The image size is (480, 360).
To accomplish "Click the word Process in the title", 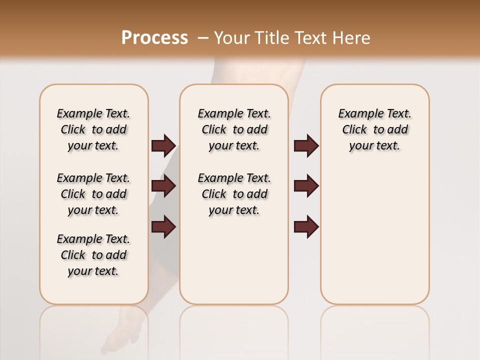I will (154, 38).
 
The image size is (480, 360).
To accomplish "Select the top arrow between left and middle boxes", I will (163, 146).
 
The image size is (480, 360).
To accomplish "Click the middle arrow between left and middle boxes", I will (163, 186).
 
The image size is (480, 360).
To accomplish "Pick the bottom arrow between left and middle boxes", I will (163, 226).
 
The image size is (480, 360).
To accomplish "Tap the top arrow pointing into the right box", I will (306, 146).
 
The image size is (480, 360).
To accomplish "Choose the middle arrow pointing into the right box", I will (306, 186).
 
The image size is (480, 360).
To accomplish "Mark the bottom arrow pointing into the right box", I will (306, 226).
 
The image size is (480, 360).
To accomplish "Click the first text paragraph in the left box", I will (93, 129).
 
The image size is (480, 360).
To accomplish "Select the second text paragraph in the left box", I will (93, 194).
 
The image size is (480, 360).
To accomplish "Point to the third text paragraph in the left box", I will (93, 255).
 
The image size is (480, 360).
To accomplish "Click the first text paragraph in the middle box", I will (234, 129).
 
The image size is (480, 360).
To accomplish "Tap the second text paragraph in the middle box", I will (234, 194).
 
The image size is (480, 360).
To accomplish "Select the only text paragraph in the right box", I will (374, 129).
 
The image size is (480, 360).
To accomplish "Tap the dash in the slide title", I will (202, 38).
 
